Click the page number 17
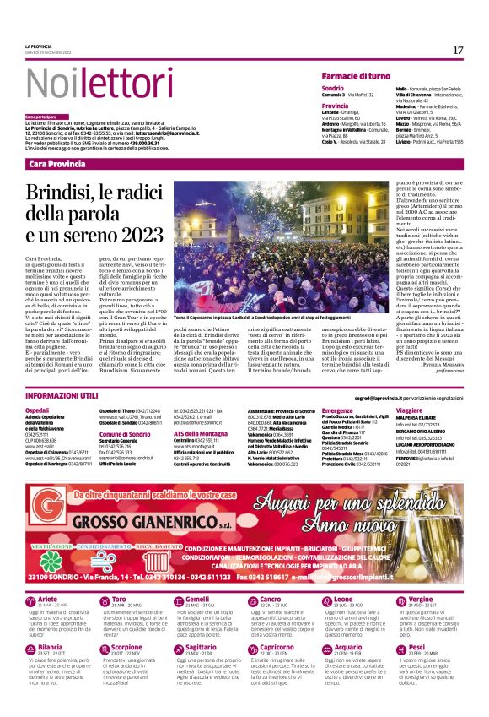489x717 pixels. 458,51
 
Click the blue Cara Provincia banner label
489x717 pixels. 58,164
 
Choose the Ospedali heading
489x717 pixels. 38,410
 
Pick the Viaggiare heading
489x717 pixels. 410,410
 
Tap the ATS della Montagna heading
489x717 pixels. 202,433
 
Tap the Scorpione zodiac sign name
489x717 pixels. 128,623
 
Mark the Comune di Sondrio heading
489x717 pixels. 124,433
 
